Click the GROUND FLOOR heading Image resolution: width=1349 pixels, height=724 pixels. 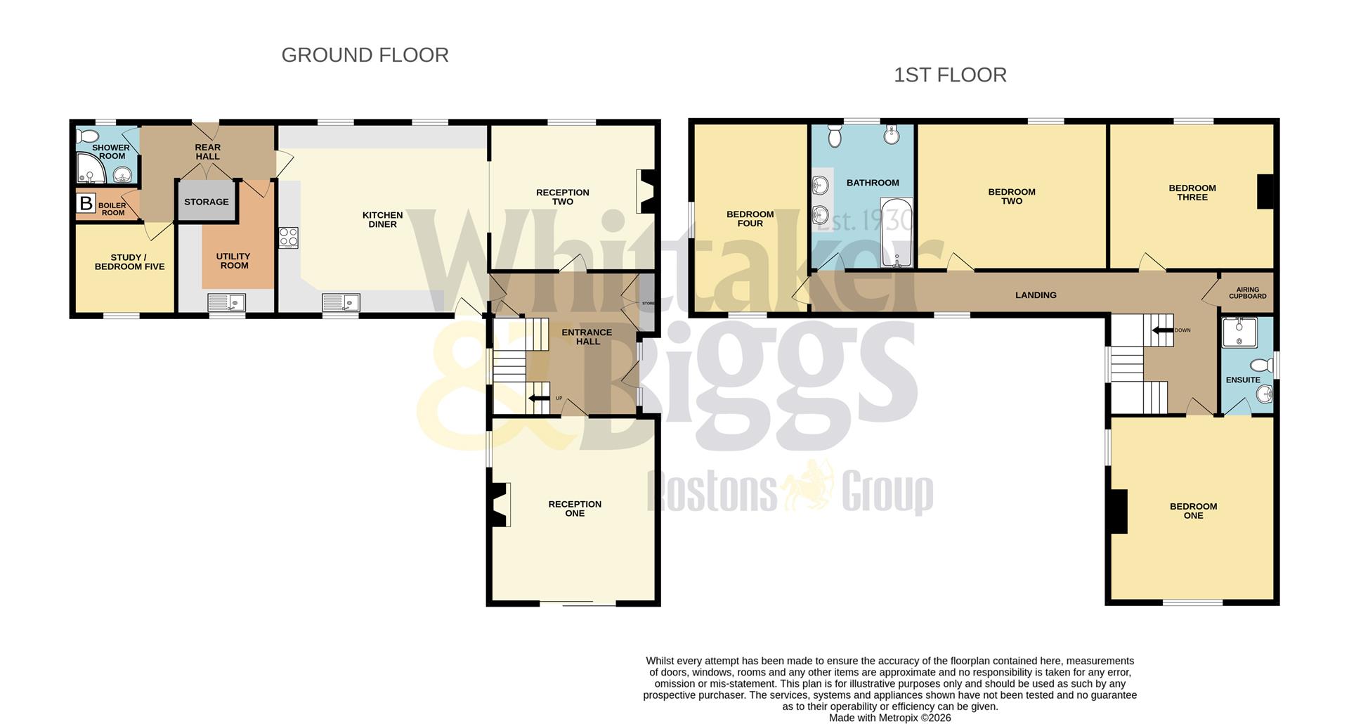coord(365,55)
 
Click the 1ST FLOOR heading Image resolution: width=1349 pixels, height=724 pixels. coord(950,75)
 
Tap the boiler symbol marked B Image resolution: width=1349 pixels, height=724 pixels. coord(86,204)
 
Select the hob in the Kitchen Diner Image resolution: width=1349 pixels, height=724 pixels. coord(289,238)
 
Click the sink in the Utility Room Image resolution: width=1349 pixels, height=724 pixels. coord(226,302)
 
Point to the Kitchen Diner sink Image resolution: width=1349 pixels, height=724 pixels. coord(341,302)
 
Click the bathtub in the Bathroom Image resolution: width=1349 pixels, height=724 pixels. coord(897,232)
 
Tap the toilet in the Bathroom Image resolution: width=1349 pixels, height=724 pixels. coord(835,135)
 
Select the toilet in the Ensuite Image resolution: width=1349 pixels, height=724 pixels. coord(1263,366)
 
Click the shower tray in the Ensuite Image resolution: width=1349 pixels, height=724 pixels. coord(1239,332)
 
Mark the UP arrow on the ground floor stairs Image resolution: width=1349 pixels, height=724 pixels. coord(540,399)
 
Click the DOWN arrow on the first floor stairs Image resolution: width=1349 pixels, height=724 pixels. coord(1163,330)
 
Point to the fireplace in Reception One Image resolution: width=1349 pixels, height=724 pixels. coord(500,505)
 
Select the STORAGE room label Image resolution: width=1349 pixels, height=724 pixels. coord(207,202)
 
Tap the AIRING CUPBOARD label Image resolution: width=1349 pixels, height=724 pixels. coord(1247,293)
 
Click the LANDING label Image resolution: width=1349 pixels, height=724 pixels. coord(1036,295)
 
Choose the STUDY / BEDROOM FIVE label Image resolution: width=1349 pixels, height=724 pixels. coord(129,262)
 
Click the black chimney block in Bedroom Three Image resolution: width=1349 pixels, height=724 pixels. coord(1265,191)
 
